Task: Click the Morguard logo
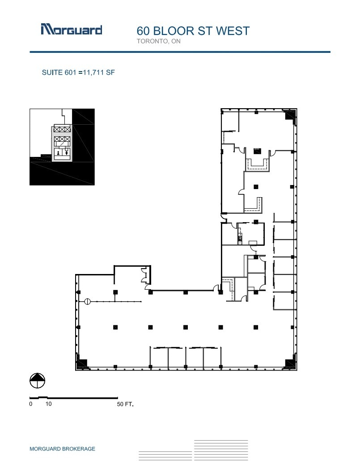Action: click(72, 30)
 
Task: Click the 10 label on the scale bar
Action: click(48, 404)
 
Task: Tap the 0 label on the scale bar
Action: click(31, 404)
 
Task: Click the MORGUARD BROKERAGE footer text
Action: click(62, 449)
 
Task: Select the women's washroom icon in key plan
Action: click(58, 152)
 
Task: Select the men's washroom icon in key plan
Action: click(67, 152)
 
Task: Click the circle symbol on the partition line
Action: click(88, 302)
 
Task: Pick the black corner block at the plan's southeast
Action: click(290, 363)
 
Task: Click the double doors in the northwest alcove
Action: click(144, 274)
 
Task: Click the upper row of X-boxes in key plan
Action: click(62, 129)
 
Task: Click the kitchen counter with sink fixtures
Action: click(240, 235)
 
